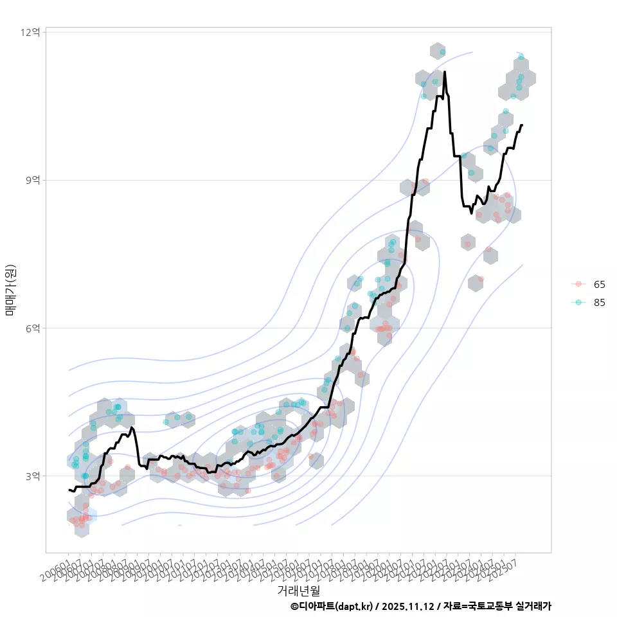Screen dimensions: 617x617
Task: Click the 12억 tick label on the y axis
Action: (x=32, y=31)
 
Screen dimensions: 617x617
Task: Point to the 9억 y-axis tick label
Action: (x=32, y=180)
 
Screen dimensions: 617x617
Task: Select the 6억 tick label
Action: (x=32, y=328)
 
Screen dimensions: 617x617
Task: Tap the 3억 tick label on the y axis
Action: (x=32, y=476)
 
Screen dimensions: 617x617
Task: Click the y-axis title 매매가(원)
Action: (x=10, y=290)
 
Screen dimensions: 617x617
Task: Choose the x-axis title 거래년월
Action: (x=298, y=590)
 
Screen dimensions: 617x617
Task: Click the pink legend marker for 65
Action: (x=578, y=284)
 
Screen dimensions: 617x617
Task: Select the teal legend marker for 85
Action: (x=578, y=303)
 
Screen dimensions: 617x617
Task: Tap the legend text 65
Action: (x=599, y=284)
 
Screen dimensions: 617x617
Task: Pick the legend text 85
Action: (x=599, y=303)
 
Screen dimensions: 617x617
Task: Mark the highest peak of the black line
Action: (x=444, y=72)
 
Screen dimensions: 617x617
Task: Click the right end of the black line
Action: (x=522, y=125)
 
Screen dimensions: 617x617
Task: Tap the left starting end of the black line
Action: (x=69, y=490)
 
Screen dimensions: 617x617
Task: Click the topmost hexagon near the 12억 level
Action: (x=438, y=51)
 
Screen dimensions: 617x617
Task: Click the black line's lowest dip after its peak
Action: (x=471, y=213)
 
